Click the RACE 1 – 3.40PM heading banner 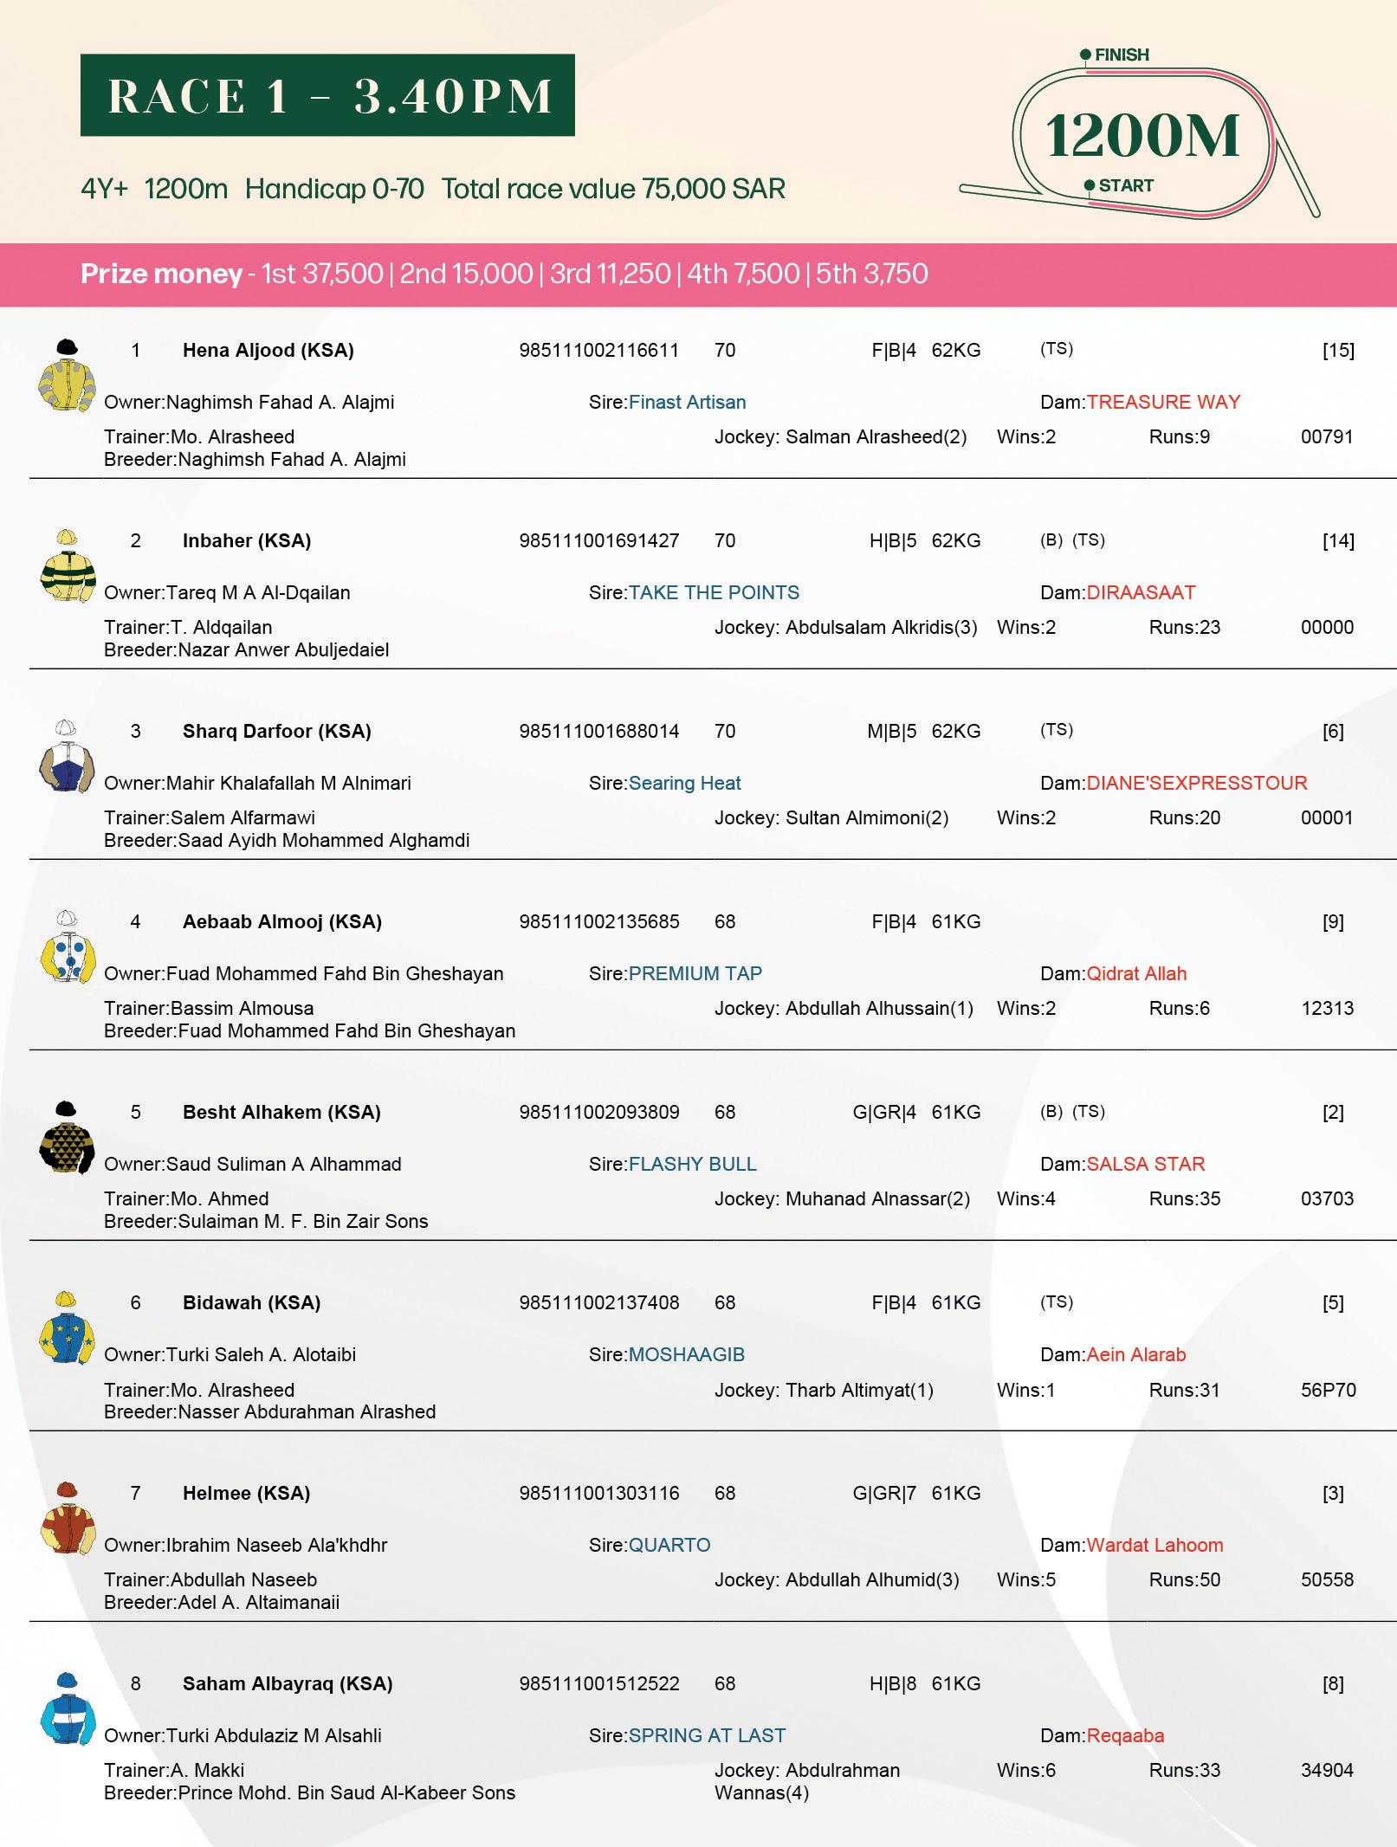(327, 95)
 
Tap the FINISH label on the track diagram (1121, 55)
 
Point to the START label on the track (1125, 185)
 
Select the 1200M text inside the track (1143, 137)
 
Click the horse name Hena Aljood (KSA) (268, 350)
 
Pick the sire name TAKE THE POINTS (714, 592)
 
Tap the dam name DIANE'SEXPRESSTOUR (1196, 783)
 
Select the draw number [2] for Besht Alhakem (1333, 1112)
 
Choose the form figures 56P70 (1328, 1390)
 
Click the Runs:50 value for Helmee (1184, 1579)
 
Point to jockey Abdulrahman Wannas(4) (806, 1780)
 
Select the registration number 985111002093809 (599, 1112)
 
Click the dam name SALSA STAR (1145, 1164)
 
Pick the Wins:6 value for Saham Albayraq (1026, 1770)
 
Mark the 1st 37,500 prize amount (322, 274)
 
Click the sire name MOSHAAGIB (686, 1354)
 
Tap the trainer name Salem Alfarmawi (243, 817)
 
